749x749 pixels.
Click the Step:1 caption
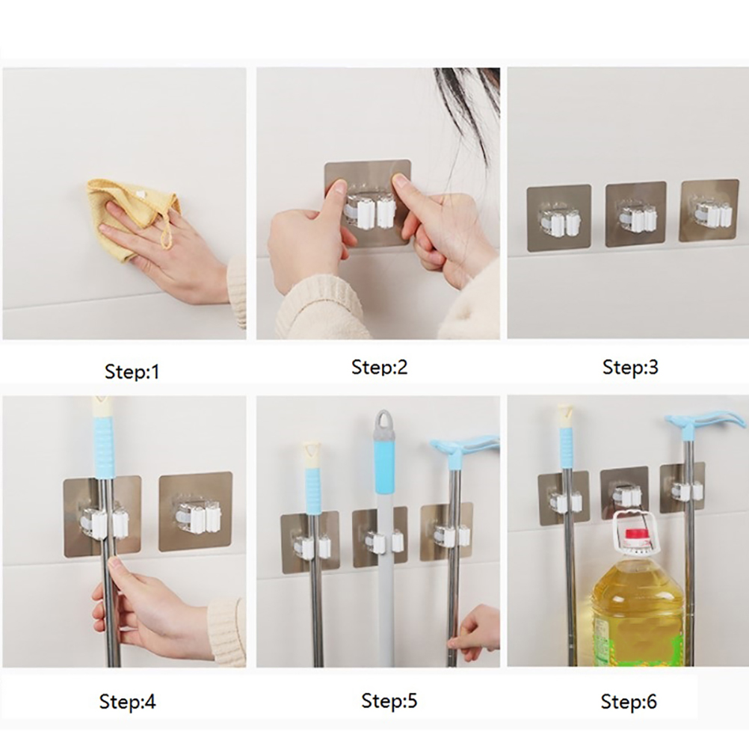[132, 372]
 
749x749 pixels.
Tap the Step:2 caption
[379, 367]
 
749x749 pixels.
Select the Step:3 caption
[630, 367]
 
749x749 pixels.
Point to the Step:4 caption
[128, 701]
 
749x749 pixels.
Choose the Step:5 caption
[389, 700]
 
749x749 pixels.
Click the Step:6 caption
[629, 701]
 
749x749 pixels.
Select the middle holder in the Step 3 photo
[636, 214]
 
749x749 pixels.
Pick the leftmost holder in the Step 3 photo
[558, 218]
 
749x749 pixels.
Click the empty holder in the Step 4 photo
[195, 512]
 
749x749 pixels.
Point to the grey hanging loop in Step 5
[383, 420]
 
